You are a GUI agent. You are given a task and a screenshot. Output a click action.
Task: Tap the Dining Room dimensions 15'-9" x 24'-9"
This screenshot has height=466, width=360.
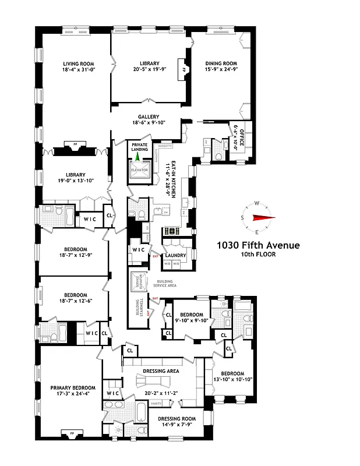point(221,70)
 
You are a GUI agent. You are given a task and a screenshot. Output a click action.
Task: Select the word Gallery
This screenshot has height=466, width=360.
point(149,116)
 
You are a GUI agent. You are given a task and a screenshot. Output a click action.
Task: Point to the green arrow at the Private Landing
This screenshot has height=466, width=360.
point(139,156)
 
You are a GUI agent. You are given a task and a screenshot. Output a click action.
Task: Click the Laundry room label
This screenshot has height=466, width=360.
point(175,255)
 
